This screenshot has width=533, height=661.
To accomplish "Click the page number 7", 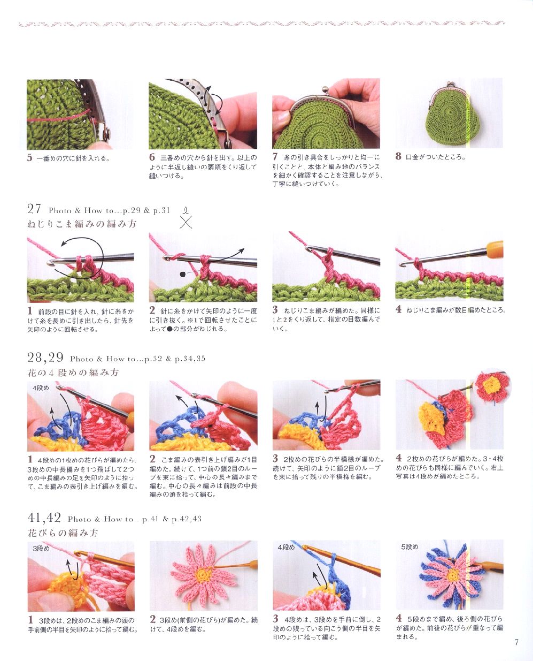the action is tap(516, 642).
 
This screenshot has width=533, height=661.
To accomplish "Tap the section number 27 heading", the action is tap(34, 209).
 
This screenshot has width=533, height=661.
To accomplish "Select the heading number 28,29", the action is tap(45, 358).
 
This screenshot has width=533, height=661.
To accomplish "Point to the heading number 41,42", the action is tap(44, 518).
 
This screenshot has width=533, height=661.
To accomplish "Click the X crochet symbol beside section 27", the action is tap(186, 222).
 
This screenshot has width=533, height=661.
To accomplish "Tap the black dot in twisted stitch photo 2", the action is tap(182, 274).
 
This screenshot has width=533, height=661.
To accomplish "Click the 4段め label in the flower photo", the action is tap(41, 388).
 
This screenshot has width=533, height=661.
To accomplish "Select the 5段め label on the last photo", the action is tap(410, 547).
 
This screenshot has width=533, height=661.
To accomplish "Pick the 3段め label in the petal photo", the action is tap(41, 549).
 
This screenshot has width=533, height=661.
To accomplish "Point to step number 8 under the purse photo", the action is tap(398, 156).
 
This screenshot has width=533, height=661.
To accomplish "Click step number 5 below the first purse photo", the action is tap(30, 157).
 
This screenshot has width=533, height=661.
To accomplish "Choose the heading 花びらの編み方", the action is tap(63, 533).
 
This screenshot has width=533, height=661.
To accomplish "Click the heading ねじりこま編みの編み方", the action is tap(82, 223).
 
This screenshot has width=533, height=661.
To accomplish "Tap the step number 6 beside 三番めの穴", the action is tap(152, 157).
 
